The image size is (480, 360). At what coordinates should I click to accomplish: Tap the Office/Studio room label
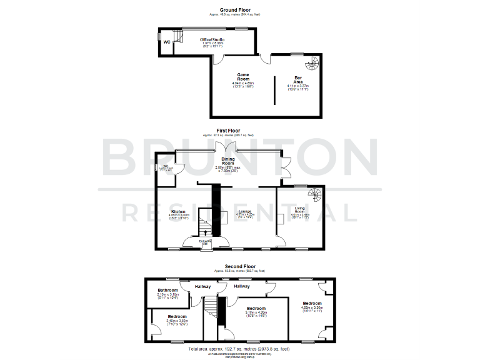[212, 39]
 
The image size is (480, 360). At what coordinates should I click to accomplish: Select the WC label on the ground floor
[167, 42]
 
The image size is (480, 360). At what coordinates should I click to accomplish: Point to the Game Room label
[243, 77]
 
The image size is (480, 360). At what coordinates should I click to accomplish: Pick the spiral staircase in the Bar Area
[312, 64]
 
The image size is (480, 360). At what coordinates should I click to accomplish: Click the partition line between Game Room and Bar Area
[274, 91]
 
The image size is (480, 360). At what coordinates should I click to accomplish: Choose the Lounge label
[244, 211]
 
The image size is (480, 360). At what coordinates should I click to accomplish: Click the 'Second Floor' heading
[241, 266]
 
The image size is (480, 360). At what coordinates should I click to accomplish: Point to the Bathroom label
[168, 290]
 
